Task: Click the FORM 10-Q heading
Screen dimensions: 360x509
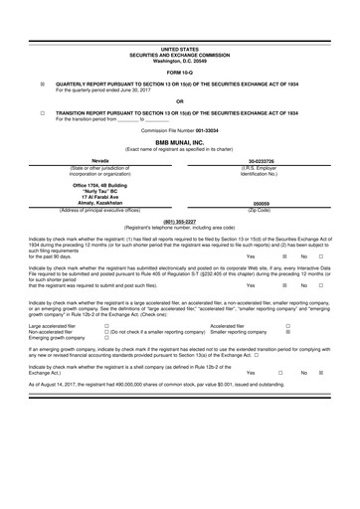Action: pyautogui.click(x=180, y=74)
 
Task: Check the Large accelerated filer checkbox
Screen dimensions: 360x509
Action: pyautogui.click(x=107, y=353)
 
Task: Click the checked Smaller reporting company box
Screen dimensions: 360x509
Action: pyautogui.click(x=287, y=359)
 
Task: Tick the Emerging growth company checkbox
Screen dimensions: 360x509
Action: pyautogui.click(x=107, y=366)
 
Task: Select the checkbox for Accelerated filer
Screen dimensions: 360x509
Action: pyautogui.click(x=287, y=353)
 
